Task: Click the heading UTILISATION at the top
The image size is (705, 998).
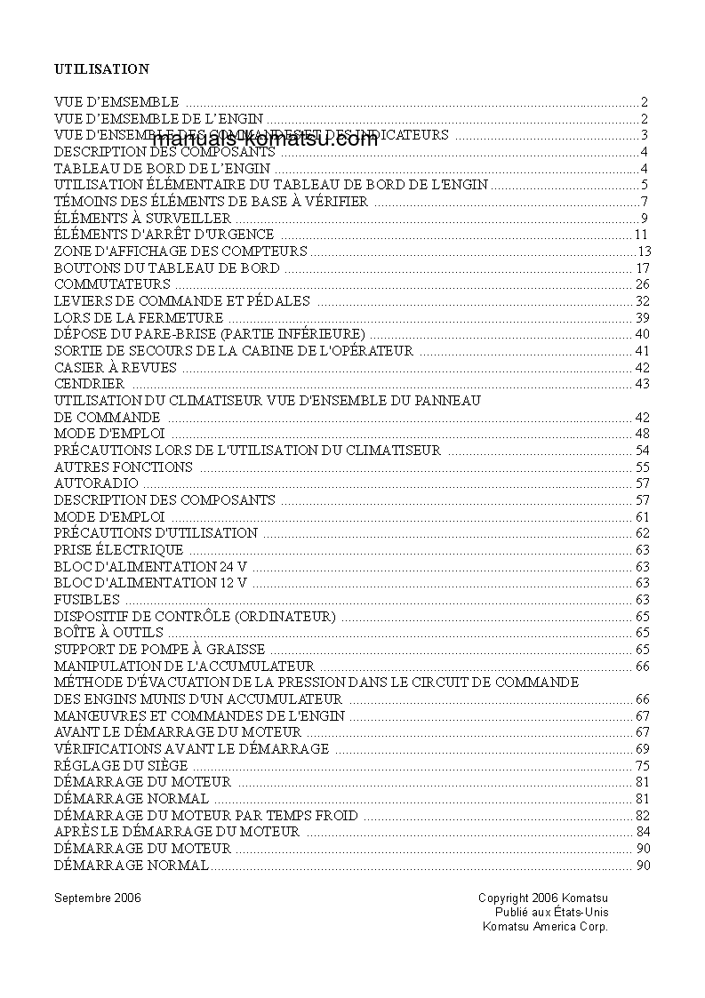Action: pos(101,68)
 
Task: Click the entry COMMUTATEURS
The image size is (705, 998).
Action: pos(112,284)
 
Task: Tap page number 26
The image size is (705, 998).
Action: pos(643,284)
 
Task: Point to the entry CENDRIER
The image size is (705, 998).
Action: pos(90,384)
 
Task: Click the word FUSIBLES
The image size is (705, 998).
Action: pos(87,600)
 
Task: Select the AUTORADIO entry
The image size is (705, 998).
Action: pos(97,483)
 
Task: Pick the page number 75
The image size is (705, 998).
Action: pos(643,765)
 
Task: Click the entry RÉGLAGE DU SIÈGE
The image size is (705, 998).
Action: pos(121,765)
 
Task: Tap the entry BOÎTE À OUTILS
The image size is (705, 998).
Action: pos(109,633)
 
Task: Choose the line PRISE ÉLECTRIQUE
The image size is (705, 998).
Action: pos(119,550)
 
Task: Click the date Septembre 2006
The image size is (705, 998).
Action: pos(97,898)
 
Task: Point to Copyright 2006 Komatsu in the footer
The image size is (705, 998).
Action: pos(543,898)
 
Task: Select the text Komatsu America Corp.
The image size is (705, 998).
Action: pos(545,926)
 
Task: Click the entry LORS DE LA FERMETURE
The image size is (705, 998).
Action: pos(139,317)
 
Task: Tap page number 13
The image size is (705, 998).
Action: pos(645,251)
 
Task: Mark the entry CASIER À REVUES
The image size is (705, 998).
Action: pos(116,367)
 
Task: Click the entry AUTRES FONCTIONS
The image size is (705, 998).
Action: pos(124,467)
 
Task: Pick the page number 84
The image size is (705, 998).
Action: pos(643,832)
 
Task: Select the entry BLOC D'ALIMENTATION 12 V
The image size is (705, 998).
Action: pos(150,583)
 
